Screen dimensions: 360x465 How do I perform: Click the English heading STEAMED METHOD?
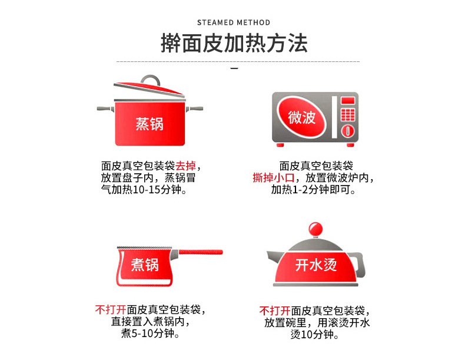coord(234,22)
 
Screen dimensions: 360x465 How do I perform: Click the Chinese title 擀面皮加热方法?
coord(234,44)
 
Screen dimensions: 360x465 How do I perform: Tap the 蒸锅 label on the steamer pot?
coord(150,124)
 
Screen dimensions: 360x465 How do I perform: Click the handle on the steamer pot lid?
coord(151,81)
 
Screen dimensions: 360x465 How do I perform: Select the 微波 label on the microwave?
coord(301,117)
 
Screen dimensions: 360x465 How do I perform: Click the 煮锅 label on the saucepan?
coord(145,265)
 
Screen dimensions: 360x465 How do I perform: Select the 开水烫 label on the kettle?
coord(315,265)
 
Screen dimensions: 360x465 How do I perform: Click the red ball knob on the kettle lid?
coord(315,229)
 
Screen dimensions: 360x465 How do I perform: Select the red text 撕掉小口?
coord(273,178)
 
